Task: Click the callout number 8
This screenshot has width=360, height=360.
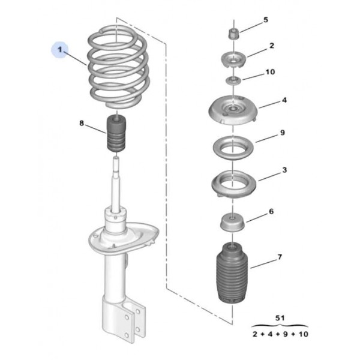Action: coord(82,124)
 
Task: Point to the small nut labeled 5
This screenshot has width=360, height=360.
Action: coord(233,32)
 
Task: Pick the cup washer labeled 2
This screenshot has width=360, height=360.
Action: coord(232,60)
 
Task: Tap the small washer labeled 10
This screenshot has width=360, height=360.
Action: coord(232,80)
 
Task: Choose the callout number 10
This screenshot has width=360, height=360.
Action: coord(269,72)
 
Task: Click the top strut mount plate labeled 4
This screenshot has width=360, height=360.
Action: coord(232,112)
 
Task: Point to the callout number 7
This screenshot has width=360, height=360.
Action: coord(279,258)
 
